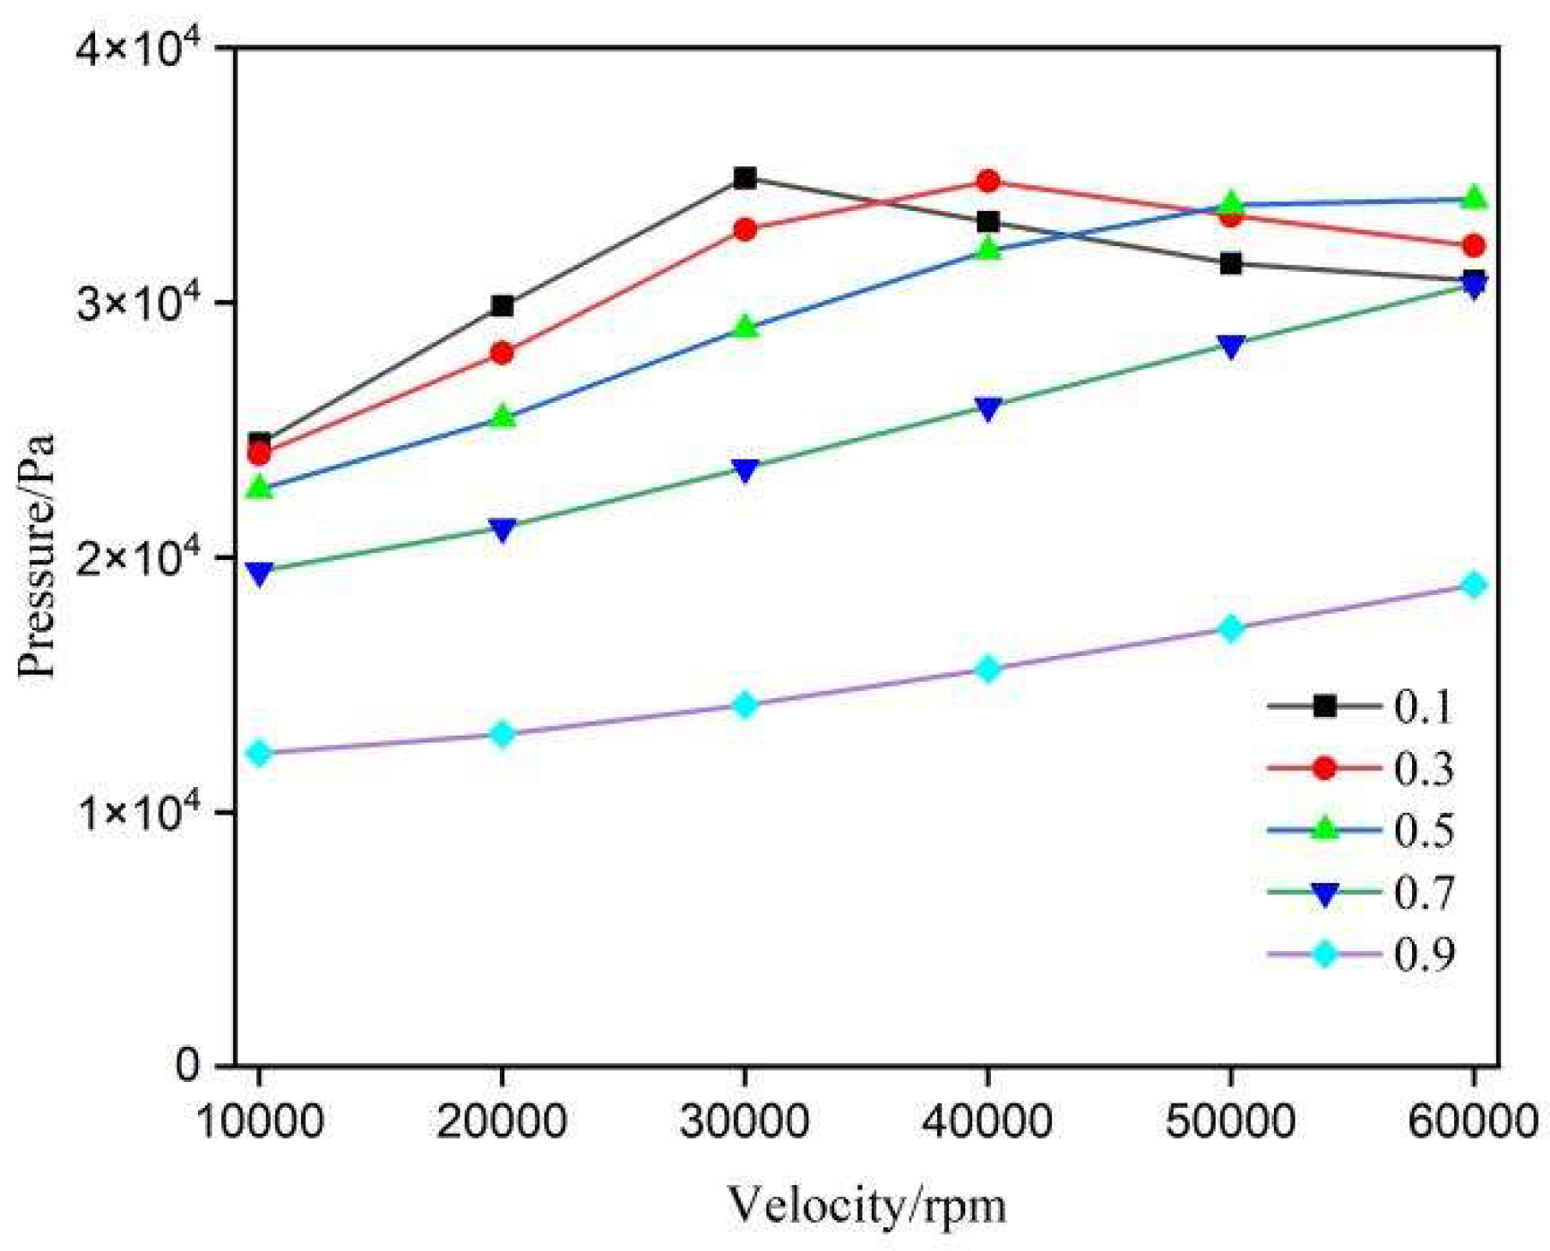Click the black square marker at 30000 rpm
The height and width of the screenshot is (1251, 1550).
pos(744,178)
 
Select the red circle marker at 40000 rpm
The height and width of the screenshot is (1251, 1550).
pos(988,181)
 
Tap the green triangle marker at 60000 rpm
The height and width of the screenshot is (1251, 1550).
pos(1474,198)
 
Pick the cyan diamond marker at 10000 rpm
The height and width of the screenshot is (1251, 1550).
pos(259,753)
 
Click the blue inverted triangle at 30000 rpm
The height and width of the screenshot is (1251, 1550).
pos(744,470)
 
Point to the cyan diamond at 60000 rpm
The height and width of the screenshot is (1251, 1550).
pos(1474,585)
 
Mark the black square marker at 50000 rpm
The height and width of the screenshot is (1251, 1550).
pos(1230,263)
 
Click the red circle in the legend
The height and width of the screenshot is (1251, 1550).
pos(1325,767)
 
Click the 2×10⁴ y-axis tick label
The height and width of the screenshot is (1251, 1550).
pos(141,557)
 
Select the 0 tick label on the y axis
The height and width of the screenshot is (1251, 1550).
pos(187,1065)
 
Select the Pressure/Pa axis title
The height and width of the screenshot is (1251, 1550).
pos(38,556)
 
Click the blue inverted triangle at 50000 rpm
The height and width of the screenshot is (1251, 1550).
pos(1230,346)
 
